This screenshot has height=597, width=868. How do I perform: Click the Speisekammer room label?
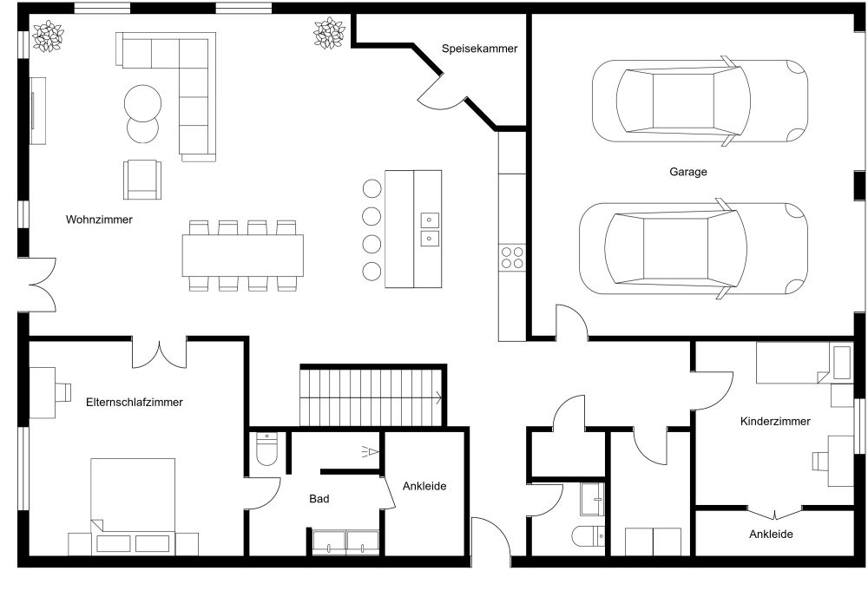[479, 49]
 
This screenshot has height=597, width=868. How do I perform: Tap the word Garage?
[687, 172]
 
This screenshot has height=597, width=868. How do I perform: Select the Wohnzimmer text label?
[99, 220]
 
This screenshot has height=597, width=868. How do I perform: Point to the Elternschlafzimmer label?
[135, 402]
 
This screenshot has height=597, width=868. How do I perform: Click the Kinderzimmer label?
[775, 421]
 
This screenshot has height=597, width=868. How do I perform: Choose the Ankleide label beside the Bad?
[424, 486]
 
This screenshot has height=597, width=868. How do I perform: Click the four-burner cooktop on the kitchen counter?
[512, 258]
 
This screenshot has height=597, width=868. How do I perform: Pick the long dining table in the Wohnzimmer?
[243, 255]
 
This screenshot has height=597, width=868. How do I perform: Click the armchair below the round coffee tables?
[142, 179]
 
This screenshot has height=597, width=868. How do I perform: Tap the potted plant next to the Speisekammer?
[329, 34]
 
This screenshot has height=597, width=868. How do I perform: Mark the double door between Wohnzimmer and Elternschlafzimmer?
[159, 352]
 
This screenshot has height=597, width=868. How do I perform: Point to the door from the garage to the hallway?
[571, 323]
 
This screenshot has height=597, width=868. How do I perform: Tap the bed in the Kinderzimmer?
[792, 363]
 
